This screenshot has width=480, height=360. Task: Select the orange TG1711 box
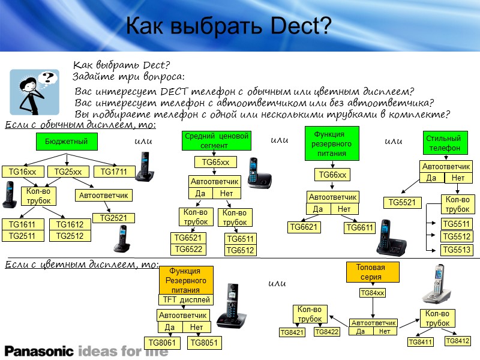coord(114,172)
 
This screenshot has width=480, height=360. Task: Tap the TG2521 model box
coord(113,218)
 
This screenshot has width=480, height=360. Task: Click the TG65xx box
coord(215,162)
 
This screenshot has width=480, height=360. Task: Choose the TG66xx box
coord(332,175)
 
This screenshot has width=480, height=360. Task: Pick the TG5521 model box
coord(401,203)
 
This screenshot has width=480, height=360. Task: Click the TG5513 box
coord(457,249)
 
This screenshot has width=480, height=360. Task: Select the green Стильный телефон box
coord(445,143)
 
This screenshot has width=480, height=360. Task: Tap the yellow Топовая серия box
coord(373,272)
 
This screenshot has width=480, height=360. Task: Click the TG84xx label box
coord(373,293)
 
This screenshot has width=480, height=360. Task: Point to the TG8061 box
coord(162,343)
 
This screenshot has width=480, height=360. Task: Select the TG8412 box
coord(457,341)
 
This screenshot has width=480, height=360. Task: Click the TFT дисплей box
coord(185,299)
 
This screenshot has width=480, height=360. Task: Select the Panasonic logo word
coord(39,350)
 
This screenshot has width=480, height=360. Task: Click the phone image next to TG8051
coord(231,309)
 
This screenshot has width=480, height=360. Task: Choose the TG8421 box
coord(292,332)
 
